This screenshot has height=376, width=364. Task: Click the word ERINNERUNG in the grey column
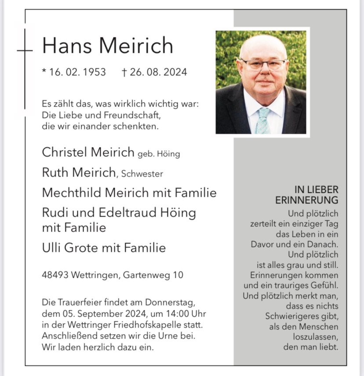(307, 200)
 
